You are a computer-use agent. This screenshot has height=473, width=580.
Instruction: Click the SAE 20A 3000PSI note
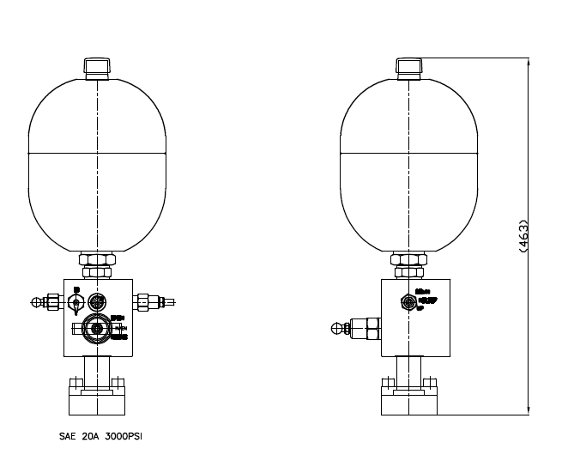click(x=100, y=436)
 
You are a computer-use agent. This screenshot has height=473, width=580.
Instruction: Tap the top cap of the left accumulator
click(x=96, y=67)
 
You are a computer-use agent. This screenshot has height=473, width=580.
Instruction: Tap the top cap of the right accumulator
click(x=408, y=67)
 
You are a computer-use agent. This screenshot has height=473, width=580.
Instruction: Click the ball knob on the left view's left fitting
click(x=36, y=302)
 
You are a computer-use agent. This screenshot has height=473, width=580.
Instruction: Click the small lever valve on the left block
click(x=76, y=301)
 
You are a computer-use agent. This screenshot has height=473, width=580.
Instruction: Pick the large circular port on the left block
click(x=96, y=329)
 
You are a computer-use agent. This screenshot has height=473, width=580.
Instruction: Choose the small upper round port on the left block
click(x=97, y=302)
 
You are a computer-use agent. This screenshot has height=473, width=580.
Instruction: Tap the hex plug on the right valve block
click(x=409, y=301)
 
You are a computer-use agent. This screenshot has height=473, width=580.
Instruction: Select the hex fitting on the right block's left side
click(x=370, y=327)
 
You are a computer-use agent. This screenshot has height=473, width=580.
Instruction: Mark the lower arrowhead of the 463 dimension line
click(x=527, y=411)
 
